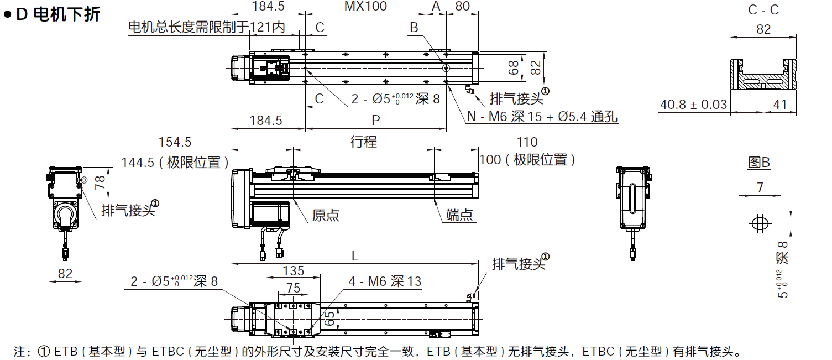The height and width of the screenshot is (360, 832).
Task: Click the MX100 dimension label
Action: click(365, 7)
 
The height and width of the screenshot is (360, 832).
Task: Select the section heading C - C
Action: click(763, 9)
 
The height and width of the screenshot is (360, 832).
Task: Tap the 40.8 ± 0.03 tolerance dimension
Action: click(694, 105)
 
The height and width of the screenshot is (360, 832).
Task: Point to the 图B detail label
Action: click(758, 163)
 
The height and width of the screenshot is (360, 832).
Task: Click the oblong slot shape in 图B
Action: click(760, 222)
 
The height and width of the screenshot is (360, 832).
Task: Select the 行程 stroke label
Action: click(364, 142)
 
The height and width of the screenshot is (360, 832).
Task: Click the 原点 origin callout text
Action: click(326, 216)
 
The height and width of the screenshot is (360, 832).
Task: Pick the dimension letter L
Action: click(355, 256)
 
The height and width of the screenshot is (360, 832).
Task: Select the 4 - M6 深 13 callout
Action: click(385, 281)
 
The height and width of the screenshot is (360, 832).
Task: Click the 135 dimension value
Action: click(293, 271)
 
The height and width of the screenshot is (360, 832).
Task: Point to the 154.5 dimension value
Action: click(175, 142)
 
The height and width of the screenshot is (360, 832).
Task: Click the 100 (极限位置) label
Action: click(527, 160)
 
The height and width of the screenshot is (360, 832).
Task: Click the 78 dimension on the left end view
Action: click(100, 182)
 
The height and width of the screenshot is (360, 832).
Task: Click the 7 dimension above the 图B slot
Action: click(760, 187)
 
